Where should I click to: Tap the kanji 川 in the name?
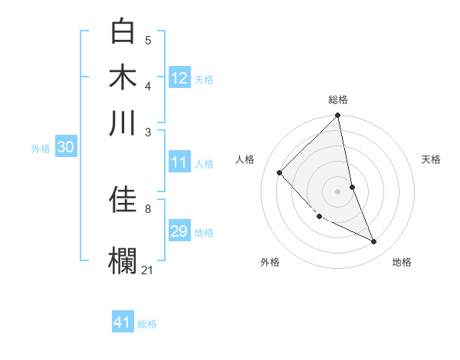(x=124, y=123)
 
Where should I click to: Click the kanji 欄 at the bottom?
(x=124, y=259)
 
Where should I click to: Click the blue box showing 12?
(x=179, y=77)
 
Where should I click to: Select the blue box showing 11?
(x=179, y=162)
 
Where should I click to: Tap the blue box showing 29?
(x=179, y=231)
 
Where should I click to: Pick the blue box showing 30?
(x=65, y=148)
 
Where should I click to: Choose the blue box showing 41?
(x=123, y=322)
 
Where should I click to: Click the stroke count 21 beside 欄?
(x=147, y=270)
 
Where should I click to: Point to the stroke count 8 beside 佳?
(x=147, y=208)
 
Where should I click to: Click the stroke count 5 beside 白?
(x=148, y=41)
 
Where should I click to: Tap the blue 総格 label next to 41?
(x=147, y=324)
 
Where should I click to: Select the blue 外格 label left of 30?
(x=41, y=149)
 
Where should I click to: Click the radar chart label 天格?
(x=432, y=159)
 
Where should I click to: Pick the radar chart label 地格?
(x=402, y=262)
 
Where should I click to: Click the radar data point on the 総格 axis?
(x=338, y=116)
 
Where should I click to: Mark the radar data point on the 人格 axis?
(x=280, y=172)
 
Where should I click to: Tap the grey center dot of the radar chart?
(x=338, y=191)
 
